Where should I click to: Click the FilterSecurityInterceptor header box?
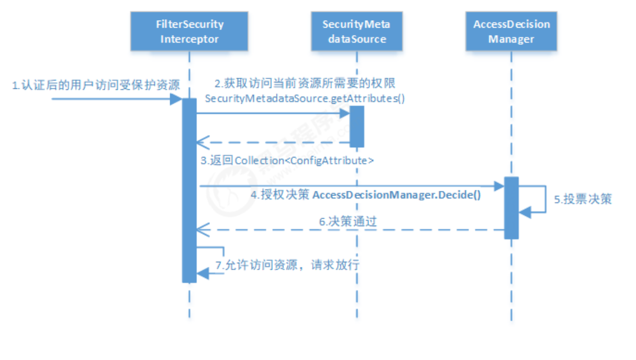(x=189, y=32)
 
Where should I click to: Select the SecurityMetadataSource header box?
(x=356, y=32)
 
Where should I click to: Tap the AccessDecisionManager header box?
(x=511, y=32)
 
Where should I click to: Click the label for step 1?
(x=95, y=85)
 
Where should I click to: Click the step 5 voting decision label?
(x=583, y=199)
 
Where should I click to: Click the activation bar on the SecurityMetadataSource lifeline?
(x=356, y=126)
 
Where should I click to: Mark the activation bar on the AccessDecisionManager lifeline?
(x=511, y=207)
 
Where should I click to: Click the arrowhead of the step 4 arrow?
(x=499, y=186)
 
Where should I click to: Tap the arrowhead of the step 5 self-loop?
(x=524, y=213)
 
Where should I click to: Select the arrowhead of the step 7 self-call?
(x=203, y=273)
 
